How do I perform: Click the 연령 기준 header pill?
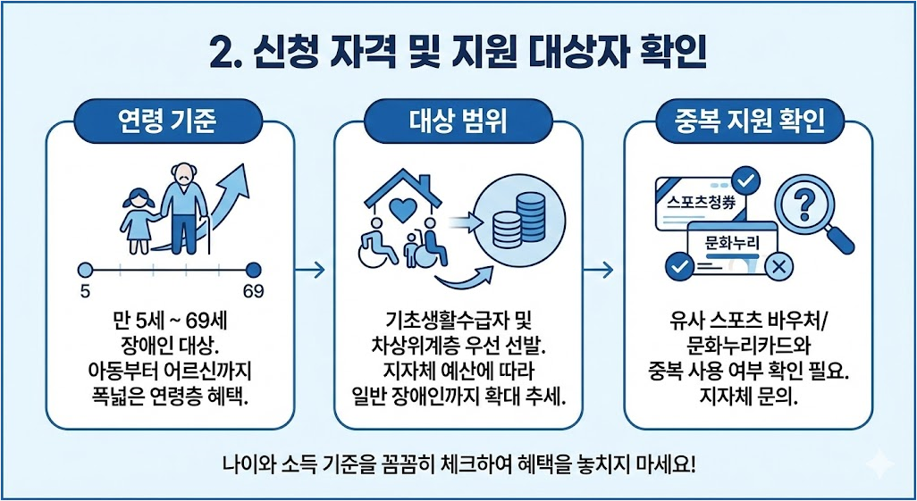tap(170, 120)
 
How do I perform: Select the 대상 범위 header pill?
tap(458, 120)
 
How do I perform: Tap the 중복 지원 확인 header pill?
tap(749, 120)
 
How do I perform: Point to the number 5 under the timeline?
tap(85, 292)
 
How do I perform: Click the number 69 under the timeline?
tap(254, 292)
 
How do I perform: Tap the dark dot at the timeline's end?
tap(254, 269)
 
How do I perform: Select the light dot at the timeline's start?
tap(86, 269)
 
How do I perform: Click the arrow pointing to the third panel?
tap(602, 269)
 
